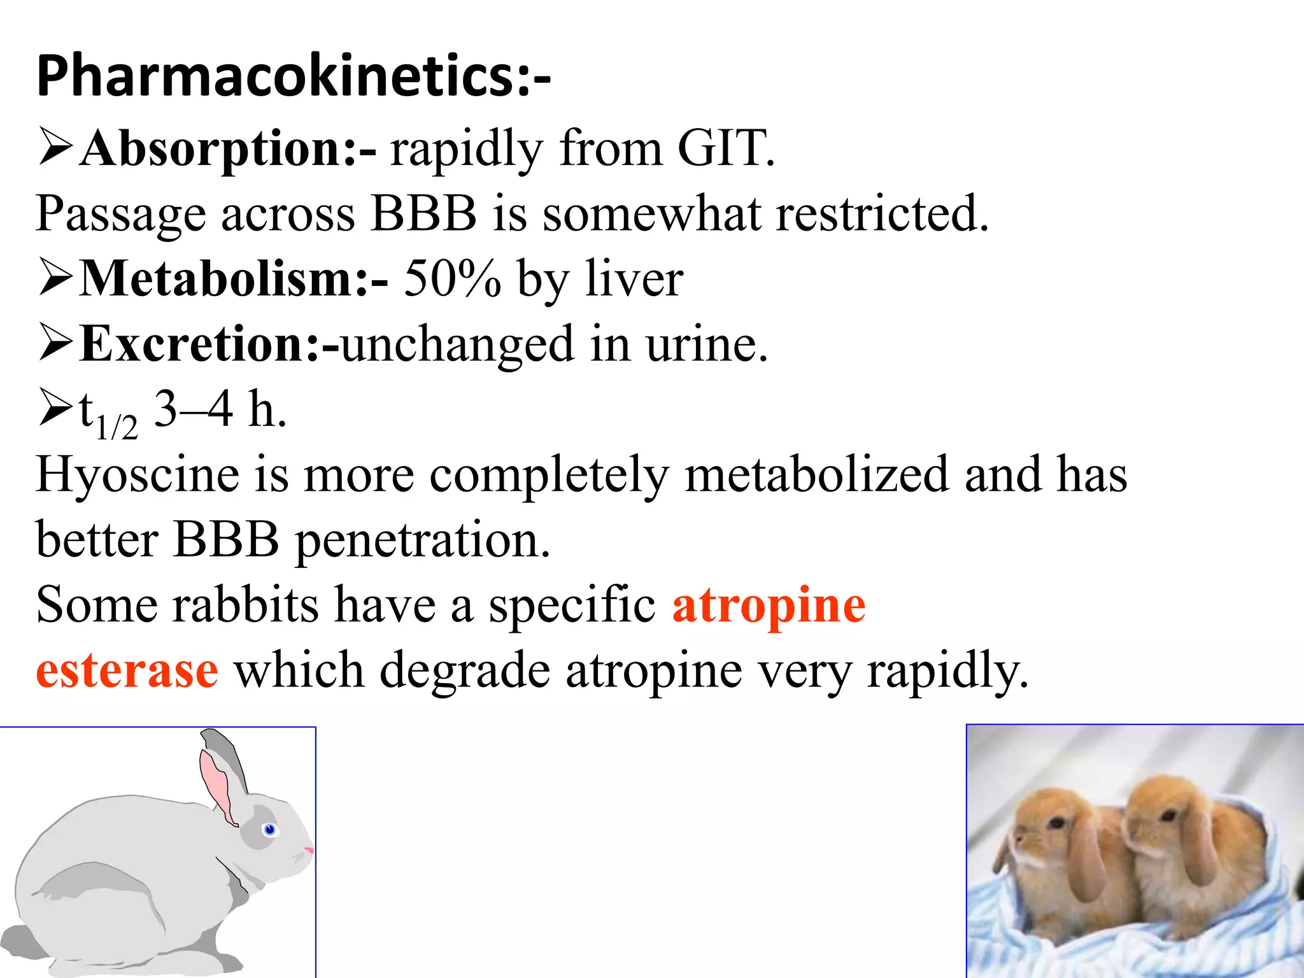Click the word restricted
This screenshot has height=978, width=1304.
(x=882, y=213)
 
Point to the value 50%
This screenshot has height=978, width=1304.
(x=452, y=279)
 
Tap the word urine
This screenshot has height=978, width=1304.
(x=707, y=344)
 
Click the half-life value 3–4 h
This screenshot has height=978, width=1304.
(x=220, y=409)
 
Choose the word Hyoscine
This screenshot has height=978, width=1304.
(x=137, y=474)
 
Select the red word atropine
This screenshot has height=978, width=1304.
(x=769, y=605)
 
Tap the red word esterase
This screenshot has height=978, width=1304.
(x=127, y=670)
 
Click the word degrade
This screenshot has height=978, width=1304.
(x=465, y=670)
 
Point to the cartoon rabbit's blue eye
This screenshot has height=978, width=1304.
(x=269, y=829)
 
